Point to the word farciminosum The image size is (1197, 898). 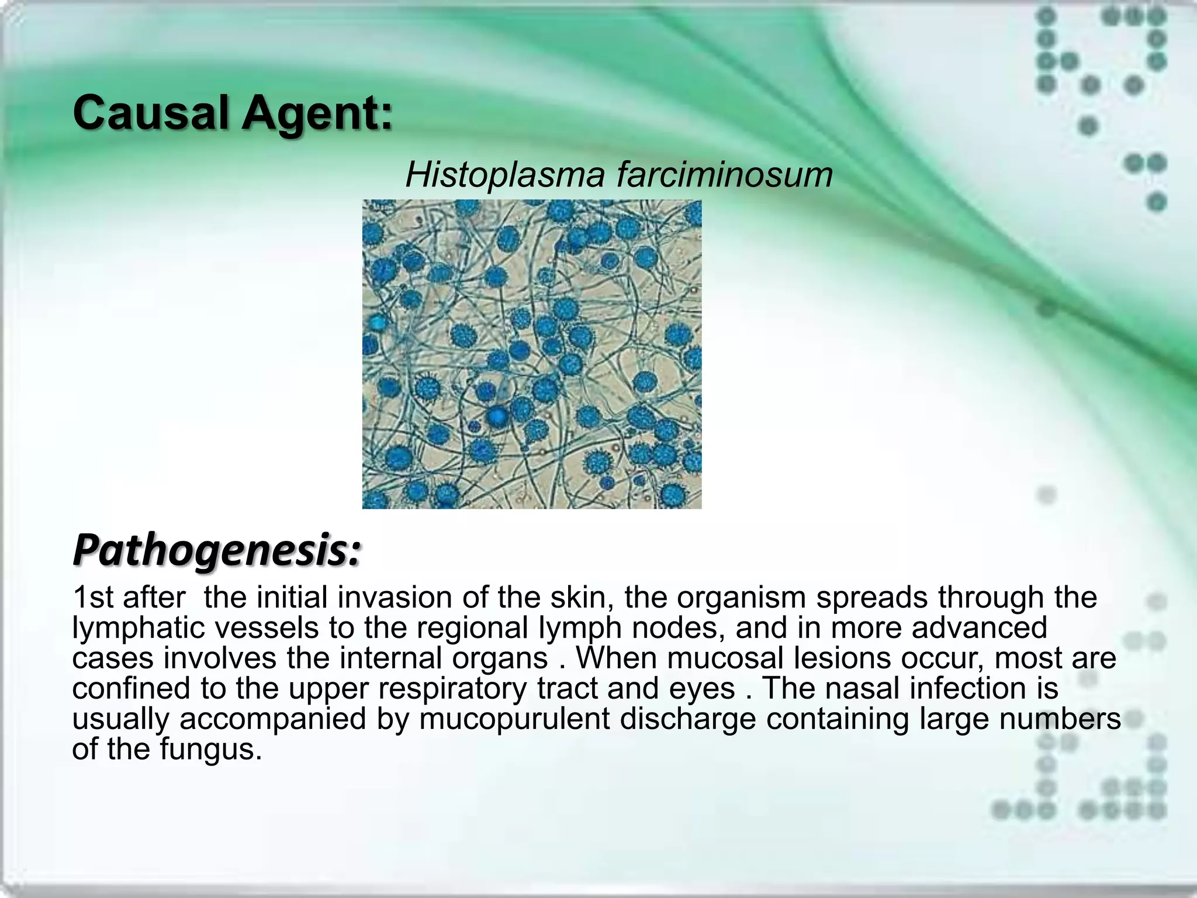725,174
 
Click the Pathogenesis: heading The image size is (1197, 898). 217,551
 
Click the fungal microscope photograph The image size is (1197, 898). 531,354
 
